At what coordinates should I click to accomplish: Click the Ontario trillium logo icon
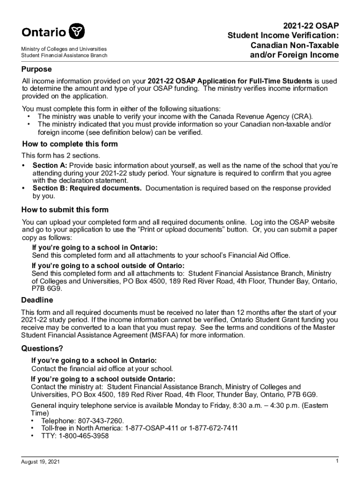coord(77,32)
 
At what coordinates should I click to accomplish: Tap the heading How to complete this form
coord(70,144)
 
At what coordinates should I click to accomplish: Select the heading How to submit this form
coord(65,210)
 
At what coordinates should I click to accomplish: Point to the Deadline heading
coord(37,300)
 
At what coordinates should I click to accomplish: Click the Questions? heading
coord(42,348)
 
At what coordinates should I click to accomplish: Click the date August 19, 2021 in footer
coord(40,462)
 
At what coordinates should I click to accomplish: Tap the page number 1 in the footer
coord(337,462)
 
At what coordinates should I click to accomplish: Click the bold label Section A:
coord(50,166)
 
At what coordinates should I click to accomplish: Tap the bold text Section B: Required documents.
coord(87,188)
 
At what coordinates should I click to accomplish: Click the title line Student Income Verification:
coord(283,35)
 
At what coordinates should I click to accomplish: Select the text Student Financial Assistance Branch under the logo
coord(65,55)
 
